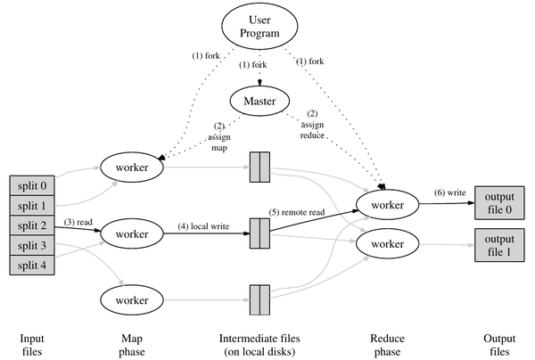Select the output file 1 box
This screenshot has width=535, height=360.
click(x=500, y=242)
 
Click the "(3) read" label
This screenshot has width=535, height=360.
click(x=77, y=219)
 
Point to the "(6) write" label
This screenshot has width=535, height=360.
click(x=449, y=193)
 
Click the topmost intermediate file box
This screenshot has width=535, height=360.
click(x=259, y=167)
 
